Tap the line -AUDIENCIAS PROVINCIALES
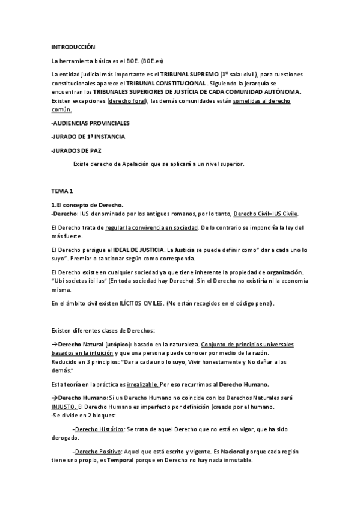coord(90,123)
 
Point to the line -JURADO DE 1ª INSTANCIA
coord(88,137)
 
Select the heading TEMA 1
coord(62,191)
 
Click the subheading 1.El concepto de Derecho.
coord(87,205)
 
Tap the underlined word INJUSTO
coord(64,406)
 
